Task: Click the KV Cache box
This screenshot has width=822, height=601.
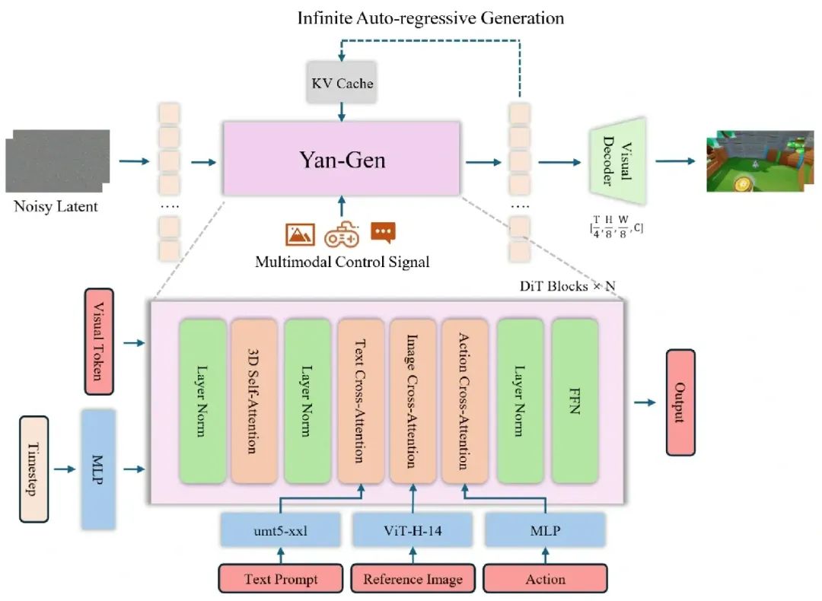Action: [x=342, y=82]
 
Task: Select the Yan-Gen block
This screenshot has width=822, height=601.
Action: [x=342, y=159]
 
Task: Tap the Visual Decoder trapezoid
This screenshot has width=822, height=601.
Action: [x=617, y=161]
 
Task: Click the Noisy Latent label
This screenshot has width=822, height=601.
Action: [x=56, y=206]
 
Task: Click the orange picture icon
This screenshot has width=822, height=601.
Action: [x=301, y=234]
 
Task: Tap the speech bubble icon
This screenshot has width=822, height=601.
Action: [x=383, y=233]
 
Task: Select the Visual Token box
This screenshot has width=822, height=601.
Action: [x=99, y=341]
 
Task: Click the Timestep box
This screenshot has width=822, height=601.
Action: [x=34, y=469]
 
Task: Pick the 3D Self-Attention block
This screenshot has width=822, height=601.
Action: [x=253, y=401]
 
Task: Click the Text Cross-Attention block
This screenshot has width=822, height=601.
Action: [x=360, y=401]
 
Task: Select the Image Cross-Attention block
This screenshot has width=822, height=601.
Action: [x=413, y=401]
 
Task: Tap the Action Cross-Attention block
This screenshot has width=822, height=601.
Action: [x=464, y=401]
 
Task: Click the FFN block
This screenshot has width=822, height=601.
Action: [x=575, y=401]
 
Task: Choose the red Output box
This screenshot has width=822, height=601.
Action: [x=680, y=402]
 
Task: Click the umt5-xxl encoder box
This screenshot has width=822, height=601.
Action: [x=280, y=530]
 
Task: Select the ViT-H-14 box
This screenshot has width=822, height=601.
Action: [x=413, y=530]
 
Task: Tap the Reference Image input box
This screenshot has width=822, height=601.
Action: [x=413, y=578]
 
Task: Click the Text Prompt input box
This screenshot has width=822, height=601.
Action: [x=280, y=578]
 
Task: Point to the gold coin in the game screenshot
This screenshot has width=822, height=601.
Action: [x=742, y=183]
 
